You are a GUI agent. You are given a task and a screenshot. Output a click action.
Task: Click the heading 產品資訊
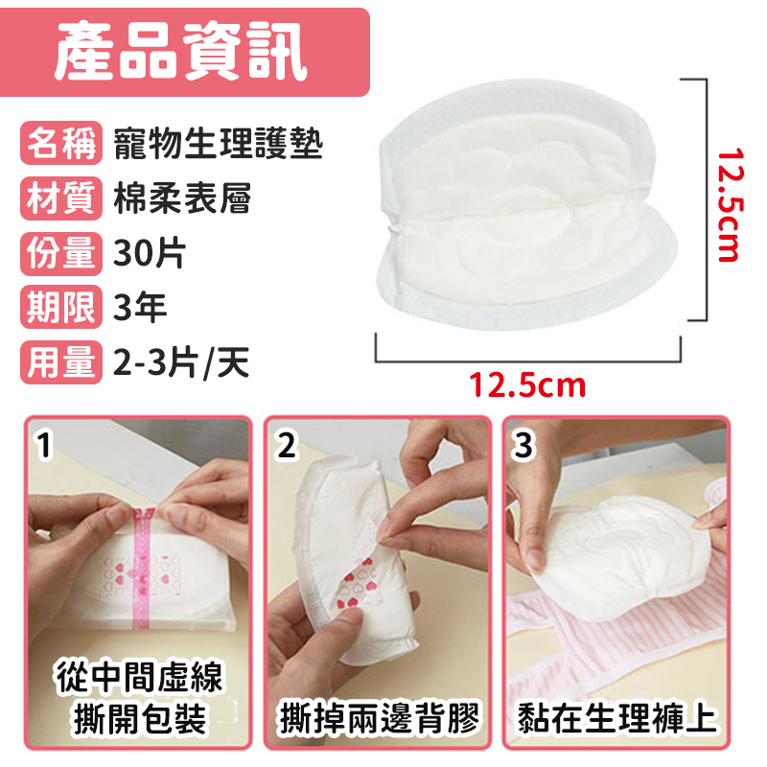[181, 53]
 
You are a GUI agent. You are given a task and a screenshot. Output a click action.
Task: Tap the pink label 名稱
[59, 146]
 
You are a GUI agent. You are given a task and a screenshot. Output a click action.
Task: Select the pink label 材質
[59, 199]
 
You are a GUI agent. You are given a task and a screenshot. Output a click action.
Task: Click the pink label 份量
[59, 254]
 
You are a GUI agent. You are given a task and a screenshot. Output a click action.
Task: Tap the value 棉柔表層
[182, 199]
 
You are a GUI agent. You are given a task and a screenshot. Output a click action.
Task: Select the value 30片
[149, 254]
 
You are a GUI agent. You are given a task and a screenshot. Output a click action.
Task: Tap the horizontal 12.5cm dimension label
[526, 386]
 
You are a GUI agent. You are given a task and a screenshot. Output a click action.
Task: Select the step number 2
[287, 444]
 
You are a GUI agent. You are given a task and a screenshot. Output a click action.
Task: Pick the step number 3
[523, 444]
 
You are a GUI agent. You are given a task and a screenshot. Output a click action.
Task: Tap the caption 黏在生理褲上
[617, 717]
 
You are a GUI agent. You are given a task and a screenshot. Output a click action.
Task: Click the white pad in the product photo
[518, 221]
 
